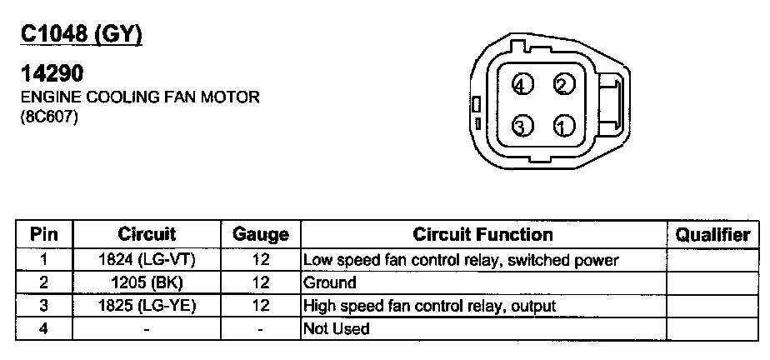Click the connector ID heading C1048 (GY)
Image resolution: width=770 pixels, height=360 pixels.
point(81,34)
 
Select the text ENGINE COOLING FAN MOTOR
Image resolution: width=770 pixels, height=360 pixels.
point(139,97)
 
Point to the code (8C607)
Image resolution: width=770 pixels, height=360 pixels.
point(49,117)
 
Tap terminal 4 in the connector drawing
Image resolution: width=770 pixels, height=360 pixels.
point(522,85)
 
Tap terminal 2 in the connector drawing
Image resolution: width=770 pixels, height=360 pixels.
point(564,85)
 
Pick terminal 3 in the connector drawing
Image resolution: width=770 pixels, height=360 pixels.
point(522,126)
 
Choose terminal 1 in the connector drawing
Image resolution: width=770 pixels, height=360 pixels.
point(564,126)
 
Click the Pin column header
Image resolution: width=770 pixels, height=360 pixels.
point(43,235)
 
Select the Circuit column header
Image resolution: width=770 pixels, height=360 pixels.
point(147,235)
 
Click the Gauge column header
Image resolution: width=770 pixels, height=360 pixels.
point(260,235)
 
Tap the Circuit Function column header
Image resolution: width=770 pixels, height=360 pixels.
point(483,235)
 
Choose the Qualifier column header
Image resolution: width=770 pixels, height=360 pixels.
point(712,235)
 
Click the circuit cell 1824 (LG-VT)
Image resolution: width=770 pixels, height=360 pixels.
point(147,260)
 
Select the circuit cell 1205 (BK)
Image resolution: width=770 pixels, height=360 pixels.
point(147,282)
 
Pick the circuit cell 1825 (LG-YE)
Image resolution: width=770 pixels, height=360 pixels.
point(147,306)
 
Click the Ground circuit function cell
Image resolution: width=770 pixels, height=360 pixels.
point(330,282)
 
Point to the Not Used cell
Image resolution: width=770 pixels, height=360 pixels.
point(337,329)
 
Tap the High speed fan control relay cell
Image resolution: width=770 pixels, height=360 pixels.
point(429,306)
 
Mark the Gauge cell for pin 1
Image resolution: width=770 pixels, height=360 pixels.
point(260,260)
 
